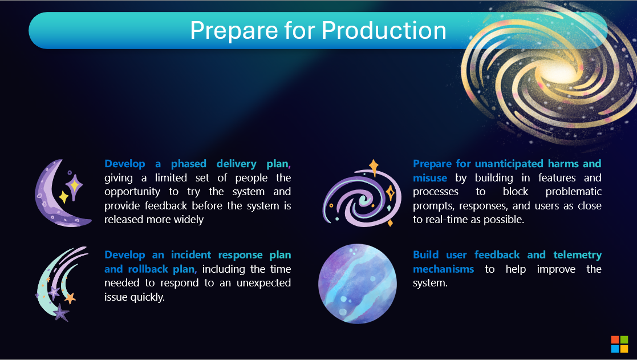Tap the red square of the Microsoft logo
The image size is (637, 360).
(x=615, y=339)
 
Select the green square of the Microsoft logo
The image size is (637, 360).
(x=624, y=339)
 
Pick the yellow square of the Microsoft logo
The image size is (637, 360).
(x=624, y=349)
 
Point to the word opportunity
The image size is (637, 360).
(x=132, y=192)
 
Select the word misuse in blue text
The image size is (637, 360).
(x=430, y=178)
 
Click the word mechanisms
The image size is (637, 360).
(x=443, y=269)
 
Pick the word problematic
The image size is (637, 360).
(x=573, y=192)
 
